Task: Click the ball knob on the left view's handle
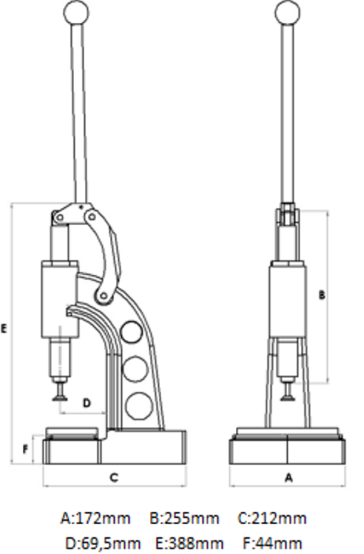click(x=76, y=13)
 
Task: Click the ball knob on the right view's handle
click(x=287, y=13)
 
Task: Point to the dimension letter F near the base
click(x=25, y=450)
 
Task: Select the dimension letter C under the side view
click(x=114, y=477)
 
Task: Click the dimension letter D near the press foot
click(x=87, y=403)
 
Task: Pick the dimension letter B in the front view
click(x=322, y=295)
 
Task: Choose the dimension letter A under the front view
click(x=288, y=478)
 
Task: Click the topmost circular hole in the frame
click(x=131, y=332)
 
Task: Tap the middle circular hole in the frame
click(x=135, y=369)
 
